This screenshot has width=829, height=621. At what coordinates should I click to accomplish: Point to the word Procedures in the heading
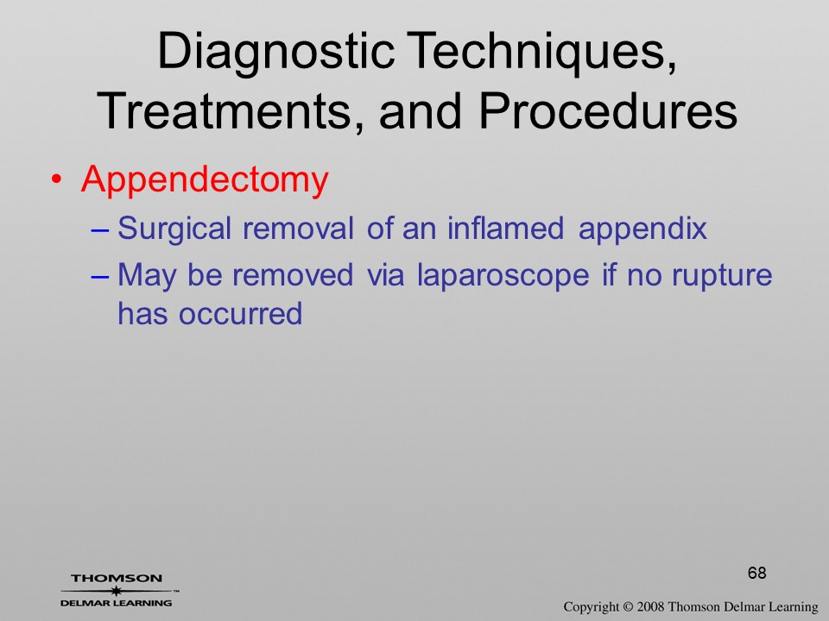coord(608,111)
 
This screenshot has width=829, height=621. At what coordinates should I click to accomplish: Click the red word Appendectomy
coord(205,180)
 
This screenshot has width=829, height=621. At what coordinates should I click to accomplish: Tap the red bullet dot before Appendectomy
coord(56,179)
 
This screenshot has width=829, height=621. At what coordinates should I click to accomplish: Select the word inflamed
coord(505,228)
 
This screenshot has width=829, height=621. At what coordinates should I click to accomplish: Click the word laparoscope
coord(503,276)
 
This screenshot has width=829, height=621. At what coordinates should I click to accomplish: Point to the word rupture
coord(722,276)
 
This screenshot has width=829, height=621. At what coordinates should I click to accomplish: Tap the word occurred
coord(241,314)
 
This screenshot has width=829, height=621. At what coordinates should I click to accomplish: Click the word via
coord(386,274)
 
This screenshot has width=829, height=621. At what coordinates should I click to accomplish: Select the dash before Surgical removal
coord(100,230)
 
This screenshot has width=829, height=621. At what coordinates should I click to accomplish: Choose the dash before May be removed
coord(100,276)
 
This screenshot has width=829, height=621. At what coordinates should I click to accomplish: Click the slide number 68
coord(757,573)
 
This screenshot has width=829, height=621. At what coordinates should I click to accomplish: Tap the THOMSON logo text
coord(117,578)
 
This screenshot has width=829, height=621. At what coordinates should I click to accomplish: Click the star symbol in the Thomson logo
coord(116,591)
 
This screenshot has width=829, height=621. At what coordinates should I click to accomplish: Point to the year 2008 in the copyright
coord(650,606)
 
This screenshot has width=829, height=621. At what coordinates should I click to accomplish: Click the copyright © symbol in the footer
coord(628,607)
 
